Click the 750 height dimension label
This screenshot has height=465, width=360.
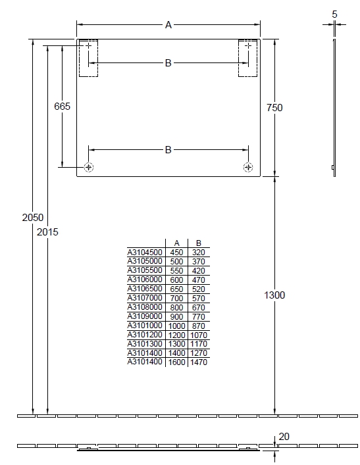click(x=274, y=108)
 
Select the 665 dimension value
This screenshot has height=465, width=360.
click(x=63, y=106)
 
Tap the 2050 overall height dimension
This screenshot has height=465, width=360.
click(x=33, y=218)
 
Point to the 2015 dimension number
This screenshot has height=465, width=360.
click(x=47, y=232)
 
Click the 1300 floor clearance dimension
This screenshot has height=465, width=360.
click(x=274, y=295)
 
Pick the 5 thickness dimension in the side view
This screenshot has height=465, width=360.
click(x=334, y=14)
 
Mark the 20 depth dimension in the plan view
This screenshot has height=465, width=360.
click(x=284, y=437)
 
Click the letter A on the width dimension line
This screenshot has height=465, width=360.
click(x=168, y=25)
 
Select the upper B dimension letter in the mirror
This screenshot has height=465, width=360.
click(x=168, y=63)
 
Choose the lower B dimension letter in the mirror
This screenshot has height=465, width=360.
click(x=168, y=150)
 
